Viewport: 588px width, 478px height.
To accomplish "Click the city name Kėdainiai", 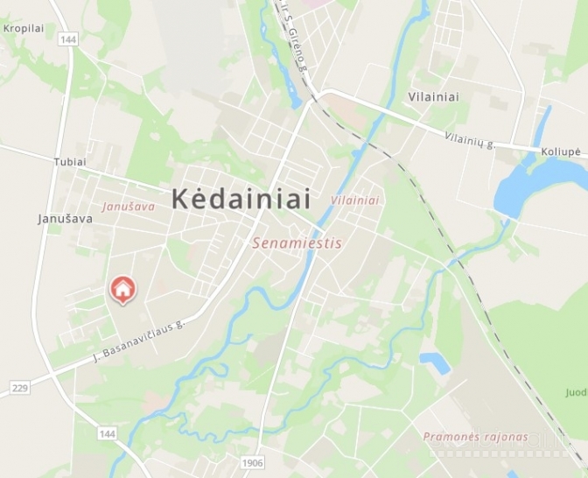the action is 241,199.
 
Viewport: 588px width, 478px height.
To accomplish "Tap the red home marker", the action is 122,289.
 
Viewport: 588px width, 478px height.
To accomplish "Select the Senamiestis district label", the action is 297,243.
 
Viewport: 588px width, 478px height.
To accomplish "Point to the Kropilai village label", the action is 24,28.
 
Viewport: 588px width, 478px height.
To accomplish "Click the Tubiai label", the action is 70,162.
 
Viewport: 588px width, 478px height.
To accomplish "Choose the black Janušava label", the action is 66,218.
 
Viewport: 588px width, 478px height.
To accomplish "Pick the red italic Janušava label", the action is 128,207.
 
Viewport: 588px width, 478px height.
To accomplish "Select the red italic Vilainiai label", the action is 355,200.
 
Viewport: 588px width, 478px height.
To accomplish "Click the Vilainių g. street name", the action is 470,139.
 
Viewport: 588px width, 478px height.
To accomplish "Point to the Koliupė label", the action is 560,151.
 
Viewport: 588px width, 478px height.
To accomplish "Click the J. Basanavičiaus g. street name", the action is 140,341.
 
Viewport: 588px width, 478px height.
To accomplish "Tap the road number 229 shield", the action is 19,387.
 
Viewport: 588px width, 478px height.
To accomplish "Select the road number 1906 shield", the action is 252,461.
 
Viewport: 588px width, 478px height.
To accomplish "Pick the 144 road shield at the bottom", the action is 107,433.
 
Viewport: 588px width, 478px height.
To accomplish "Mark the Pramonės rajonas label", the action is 475,436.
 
